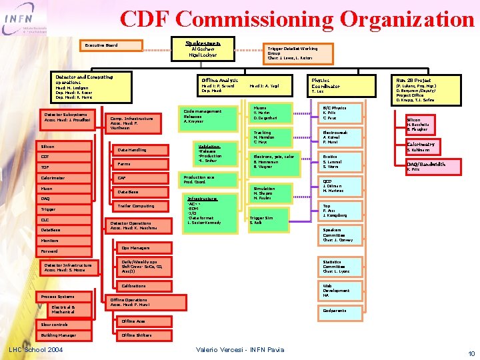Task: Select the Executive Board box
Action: tap(113, 46)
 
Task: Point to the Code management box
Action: tap(209, 115)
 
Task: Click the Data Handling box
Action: tap(141, 149)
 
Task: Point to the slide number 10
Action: tap(471, 353)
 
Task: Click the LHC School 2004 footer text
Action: tap(35, 349)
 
